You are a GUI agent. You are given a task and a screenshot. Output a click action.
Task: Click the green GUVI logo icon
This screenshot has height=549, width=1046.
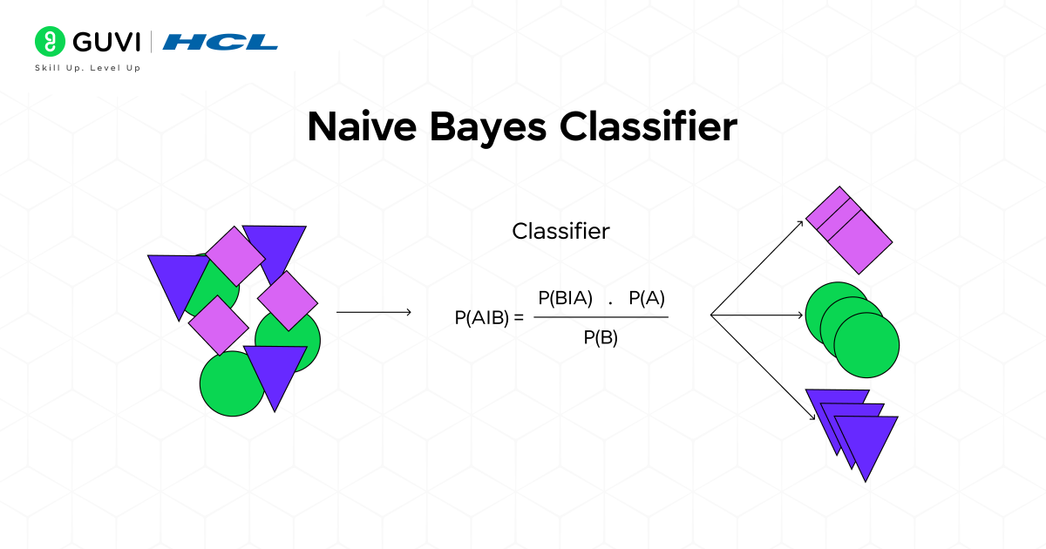click(x=49, y=41)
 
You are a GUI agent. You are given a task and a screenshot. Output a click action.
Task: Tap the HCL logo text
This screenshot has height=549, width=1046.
click(x=221, y=42)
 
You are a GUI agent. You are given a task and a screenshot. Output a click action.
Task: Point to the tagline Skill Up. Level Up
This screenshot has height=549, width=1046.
click(x=87, y=68)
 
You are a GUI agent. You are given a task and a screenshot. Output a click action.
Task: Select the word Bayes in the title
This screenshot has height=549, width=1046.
click(x=498, y=127)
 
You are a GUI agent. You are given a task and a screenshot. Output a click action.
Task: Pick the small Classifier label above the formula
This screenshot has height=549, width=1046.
click(x=560, y=231)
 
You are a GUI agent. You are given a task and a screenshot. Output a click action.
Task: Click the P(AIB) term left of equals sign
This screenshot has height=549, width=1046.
click(x=481, y=318)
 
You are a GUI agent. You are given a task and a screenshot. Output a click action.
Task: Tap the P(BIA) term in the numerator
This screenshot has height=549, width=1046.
click(x=565, y=298)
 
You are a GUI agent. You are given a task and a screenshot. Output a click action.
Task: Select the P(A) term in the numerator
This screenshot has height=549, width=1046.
click(x=647, y=298)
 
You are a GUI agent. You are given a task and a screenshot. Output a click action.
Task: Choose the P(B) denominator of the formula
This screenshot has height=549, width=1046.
click(x=601, y=339)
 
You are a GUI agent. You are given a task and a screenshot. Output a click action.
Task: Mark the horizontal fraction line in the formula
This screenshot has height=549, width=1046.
click(x=601, y=317)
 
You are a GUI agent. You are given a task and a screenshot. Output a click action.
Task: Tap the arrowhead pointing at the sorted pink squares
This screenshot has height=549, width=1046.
click(x=801, y=226)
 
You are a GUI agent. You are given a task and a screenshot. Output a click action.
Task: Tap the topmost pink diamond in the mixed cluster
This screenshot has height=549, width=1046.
click(x=234, y=256)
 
